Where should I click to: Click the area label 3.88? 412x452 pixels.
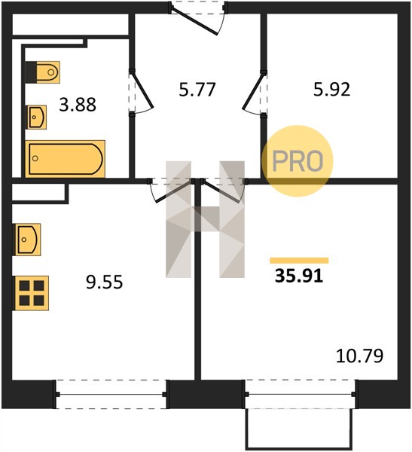tap(78, 105)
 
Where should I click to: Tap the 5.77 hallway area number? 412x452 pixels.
tap(197, 90)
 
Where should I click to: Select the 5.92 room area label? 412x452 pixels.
tap(332, 90)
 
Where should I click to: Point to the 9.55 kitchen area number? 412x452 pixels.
tap(105, 282)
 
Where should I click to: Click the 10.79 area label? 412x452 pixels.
tap(360, 356)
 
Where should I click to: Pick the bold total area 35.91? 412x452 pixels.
tap(299, 276)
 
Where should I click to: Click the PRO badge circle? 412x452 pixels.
tap(298, 161)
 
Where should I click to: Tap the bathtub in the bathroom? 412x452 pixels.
tap(66, 159)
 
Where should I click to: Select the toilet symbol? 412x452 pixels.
tap(43, 72)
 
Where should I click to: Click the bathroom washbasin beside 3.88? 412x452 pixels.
tap(37, 117)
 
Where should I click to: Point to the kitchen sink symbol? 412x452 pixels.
tap(28, 240)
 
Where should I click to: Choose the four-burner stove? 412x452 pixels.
tap(32, 293)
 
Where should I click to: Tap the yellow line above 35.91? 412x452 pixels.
tap(299, 261)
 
